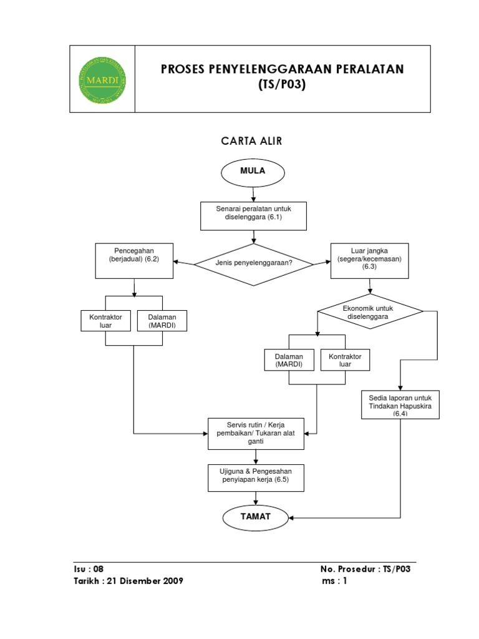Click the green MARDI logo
pos(102,80)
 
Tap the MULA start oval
pos(253,172)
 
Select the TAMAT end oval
pos(255,517)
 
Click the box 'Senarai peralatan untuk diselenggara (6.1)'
pos(253,216)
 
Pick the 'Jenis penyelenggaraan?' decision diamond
pos(253,265)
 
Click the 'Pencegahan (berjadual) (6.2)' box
pos(134,261)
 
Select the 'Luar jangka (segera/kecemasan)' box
pos(369,261)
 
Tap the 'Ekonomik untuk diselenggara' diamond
pos(370,311)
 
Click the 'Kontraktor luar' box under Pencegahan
pos(105,321)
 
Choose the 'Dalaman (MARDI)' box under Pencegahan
pos(162,321)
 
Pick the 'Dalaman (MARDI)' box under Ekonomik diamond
pos(289,360)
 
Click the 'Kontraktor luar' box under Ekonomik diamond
pos(345,360)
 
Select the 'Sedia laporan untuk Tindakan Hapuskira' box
pos(400,404)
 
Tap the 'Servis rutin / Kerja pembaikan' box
pos(256,434)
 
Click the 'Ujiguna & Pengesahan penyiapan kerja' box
pos(256,477)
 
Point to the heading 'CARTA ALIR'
pos(251,141)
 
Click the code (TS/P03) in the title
pos(282,84)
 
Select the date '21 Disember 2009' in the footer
pos(145,581)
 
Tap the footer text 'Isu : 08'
pos(89,569)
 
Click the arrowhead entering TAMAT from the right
pos(291,518)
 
